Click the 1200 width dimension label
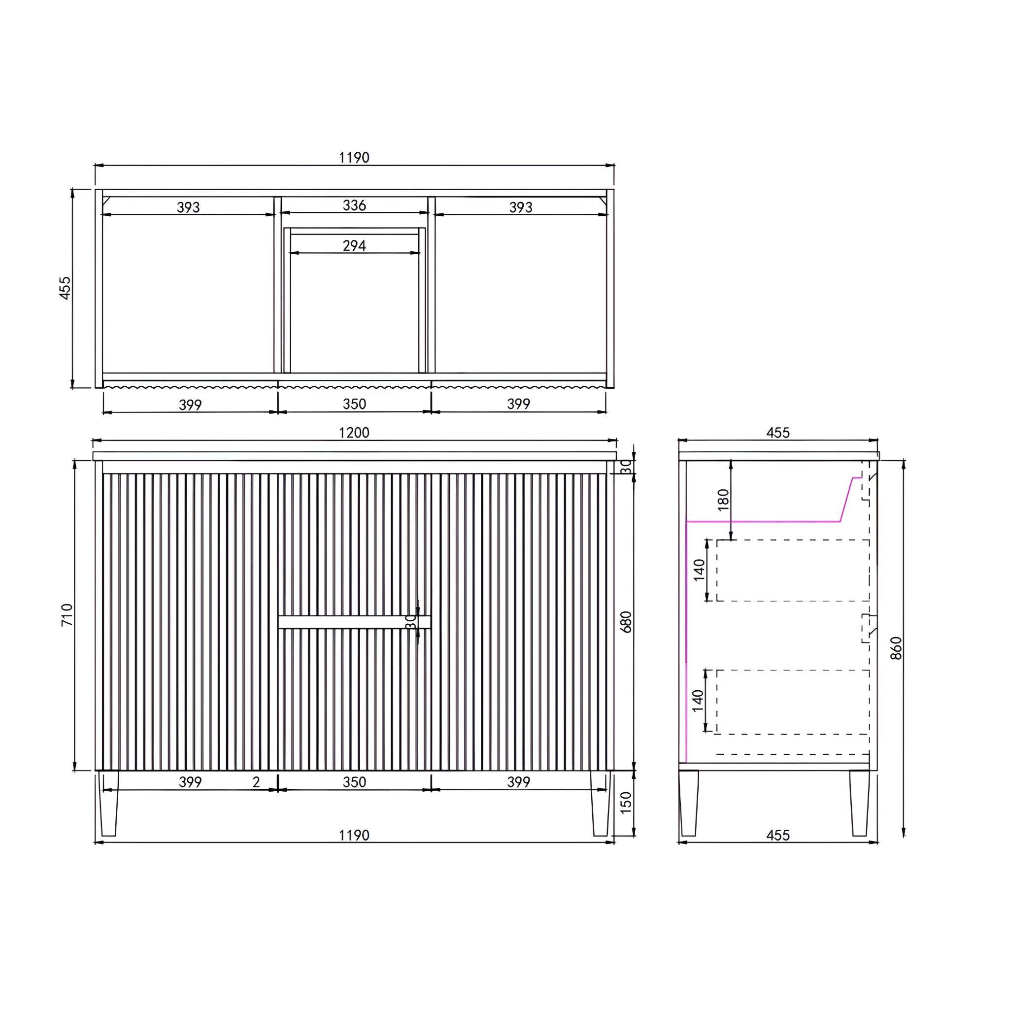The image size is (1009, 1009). (x=354, y=433)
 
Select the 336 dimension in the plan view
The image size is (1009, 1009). (x=354, y=205)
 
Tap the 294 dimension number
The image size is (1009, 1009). (x=354, y=245)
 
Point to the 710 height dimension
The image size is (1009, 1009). (x=67, y=615)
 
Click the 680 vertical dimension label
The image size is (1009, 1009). (x=626, y=621)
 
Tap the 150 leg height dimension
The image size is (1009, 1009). (x=626, y=802)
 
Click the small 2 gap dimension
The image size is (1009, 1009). (x=256, y=782)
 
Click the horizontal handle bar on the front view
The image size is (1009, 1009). (x=354, y=621)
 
